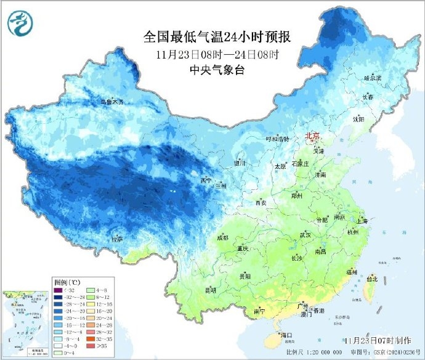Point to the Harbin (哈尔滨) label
click(x=373, y=78)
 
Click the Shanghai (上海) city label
click(x=361, y=221)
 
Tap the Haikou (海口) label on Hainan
click(x=285, y=335)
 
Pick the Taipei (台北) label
click(x=371, y=279)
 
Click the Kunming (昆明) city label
click(x=211, y=290)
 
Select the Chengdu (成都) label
click(x=222, y=238)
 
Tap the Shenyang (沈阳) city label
click(x=358, y=118)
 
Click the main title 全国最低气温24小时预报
click(x=217, y=38)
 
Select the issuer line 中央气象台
click(x=217, y=70)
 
